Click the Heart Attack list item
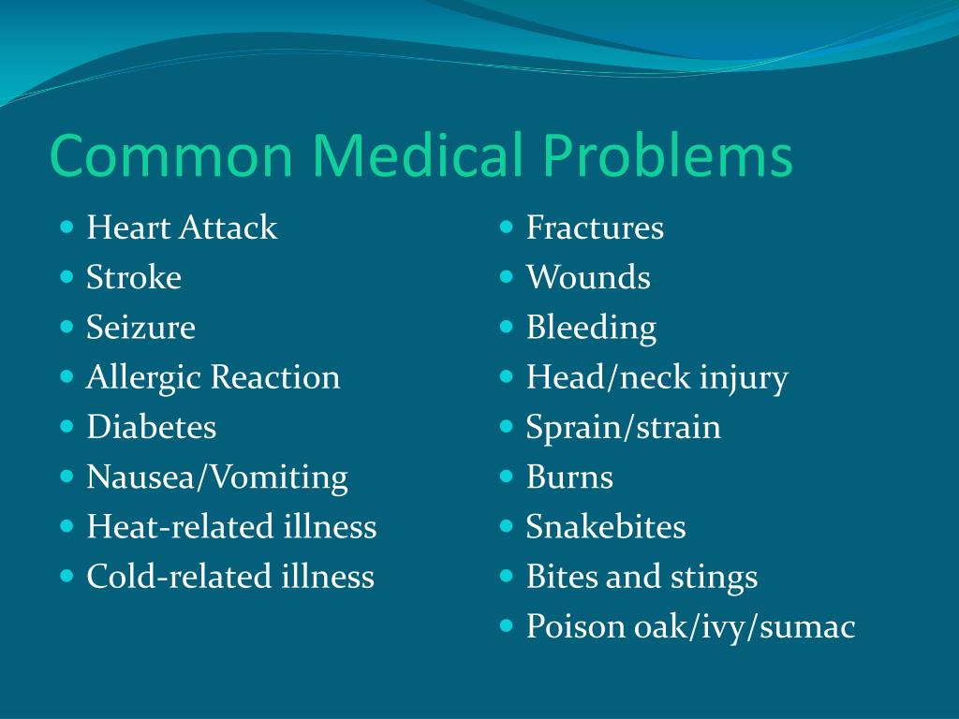tap(182, 227)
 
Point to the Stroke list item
tap(134, 277)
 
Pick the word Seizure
tap(141, 328)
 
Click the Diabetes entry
tap(152, 428)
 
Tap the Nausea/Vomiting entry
tap(217, 477)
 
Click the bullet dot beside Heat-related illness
tap(66, 526)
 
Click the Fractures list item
tap(595, 227)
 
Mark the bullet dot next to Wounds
tap(507, 276)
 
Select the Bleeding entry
tap(591, 328)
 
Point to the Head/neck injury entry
tap(657, 378)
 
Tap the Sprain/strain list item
tap(624, 428)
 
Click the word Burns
tap(569, 477)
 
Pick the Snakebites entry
tap(606, 527)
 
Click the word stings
tap(714, 578)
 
